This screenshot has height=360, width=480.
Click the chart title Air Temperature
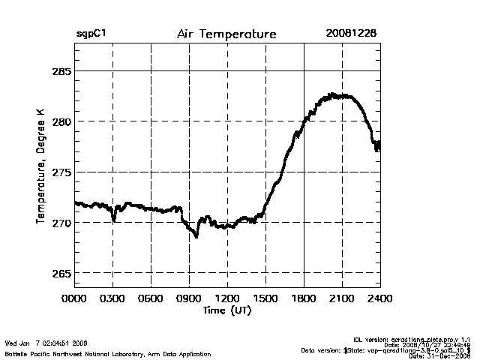click(x=226, y=34)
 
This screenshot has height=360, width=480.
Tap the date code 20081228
click(x=351, y=34)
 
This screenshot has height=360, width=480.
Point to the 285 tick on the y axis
click(x=61, y=71)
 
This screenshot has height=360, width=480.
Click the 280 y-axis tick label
click(x=61, y=121)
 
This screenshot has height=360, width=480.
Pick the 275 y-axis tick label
click(x=61, y=172)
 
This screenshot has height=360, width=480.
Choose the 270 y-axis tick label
click(x=61, y=223)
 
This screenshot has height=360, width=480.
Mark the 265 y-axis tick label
click(x=61, y=274)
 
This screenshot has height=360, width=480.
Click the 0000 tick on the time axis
click(x=75, y=298)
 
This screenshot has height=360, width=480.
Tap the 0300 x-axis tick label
click(x=113, y=298)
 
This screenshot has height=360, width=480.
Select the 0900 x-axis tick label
click(x=189, y=298)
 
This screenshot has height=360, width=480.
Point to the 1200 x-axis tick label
click(x=227, y=298)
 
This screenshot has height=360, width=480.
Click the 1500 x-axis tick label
click(x=265, y=298)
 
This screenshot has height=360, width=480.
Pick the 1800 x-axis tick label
click(x=304, y=298)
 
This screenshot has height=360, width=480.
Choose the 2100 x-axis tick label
click(x=342, y=298)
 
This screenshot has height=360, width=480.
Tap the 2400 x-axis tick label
click(x=379, y=298)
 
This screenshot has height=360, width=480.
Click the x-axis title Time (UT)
click(x=226, y=309)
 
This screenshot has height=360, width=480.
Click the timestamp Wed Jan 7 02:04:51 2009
click(x=46, y=343)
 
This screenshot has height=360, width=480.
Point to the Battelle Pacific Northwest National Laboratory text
click(x=108, y=353)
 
